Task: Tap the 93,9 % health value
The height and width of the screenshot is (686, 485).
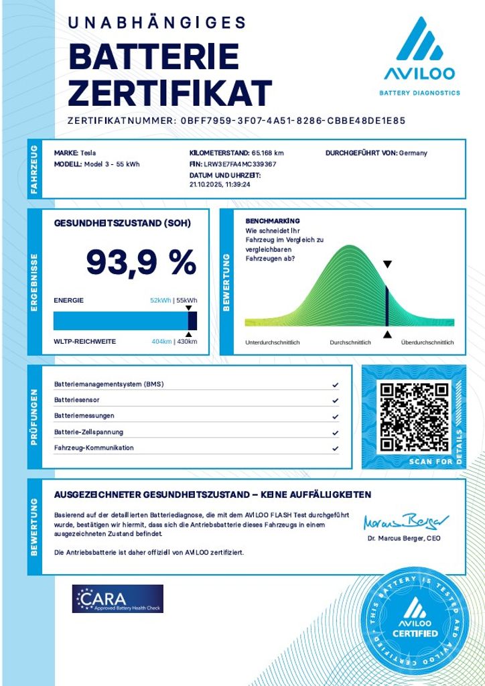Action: pyautogui.click(x=141, y=262)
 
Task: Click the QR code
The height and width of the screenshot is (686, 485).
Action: pyautogui.click(x=413, y=416)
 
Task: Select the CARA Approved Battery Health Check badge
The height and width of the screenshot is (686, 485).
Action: pyautogui.click(x=118, y=598)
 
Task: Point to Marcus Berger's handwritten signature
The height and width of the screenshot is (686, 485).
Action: pyautogui.click(x=406, y=521)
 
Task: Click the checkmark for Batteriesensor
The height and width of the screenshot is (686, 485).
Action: pyautogui.click(x=335, y=401)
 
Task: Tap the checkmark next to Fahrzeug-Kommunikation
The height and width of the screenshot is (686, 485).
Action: pyautogui.click(x=335, y=448)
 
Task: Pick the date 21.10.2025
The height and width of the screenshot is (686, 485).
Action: pyautogui.click(x=204, y=185)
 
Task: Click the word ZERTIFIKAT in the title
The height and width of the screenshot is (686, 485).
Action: pyautogui.click(x=170, y=92)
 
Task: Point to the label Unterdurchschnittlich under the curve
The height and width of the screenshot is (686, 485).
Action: pyautogui.click(x=273, y=342)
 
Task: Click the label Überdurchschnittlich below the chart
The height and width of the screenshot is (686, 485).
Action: pyautogui.click(x=427, y=342)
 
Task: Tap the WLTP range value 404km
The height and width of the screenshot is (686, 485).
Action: pyautogui.click(x=161, y=342)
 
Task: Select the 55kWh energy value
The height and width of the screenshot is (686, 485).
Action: pyautogui.click(x=187, y=301)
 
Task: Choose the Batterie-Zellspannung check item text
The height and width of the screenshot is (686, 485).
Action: pyautogui.click(x=88, y=432)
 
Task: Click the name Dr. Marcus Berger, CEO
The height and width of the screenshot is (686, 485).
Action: pyautogui.click(x=403, y=538)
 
